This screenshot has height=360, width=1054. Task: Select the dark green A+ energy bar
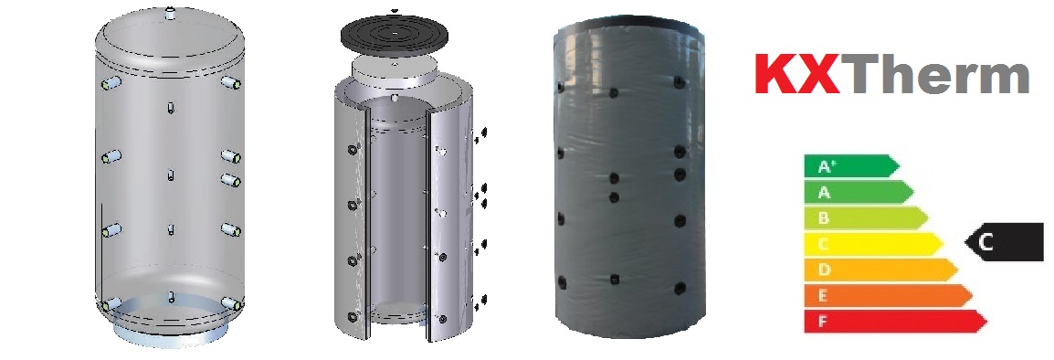(x=851, y=166)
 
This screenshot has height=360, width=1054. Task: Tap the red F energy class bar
(x=895, y=321)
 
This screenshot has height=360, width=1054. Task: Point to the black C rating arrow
(x=1004, y=242)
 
